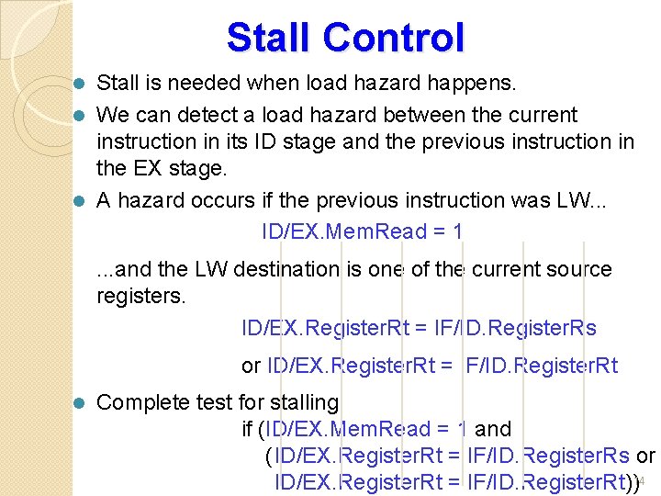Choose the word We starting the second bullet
tap(112, 116)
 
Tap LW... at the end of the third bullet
tap(607, 200)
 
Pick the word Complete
tap(140, 402)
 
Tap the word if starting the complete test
tap(247, 429)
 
